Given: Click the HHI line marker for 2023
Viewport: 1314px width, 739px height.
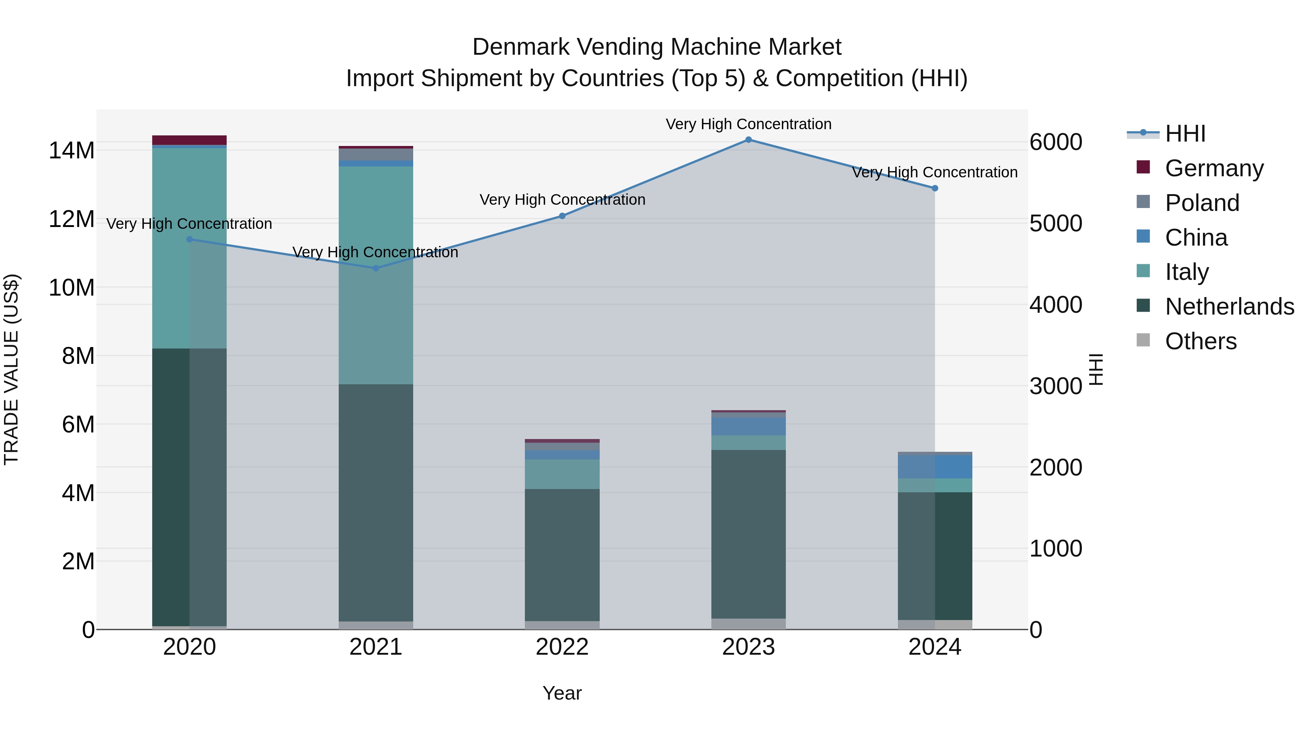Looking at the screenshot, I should point(748,140).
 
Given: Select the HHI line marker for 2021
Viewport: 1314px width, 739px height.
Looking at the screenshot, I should point(376,268).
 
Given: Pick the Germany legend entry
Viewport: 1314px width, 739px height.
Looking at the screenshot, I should point(1214,168).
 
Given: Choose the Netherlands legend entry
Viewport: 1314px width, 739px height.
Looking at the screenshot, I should point(1229,307).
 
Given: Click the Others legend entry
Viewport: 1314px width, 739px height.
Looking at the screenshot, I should point(1201,341).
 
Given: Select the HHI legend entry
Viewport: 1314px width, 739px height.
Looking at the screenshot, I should point(1185,134).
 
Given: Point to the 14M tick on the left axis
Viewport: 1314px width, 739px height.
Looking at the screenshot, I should point(72,150).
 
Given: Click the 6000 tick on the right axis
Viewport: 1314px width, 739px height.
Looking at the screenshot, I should point(1055,142).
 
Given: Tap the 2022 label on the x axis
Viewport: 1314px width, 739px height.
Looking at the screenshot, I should point(562,647).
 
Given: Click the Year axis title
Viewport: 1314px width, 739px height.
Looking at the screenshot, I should point(562,693).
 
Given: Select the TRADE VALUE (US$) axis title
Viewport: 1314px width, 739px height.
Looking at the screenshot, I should point(11,369).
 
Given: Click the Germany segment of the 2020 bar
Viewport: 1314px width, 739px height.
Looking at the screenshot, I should point(189,140).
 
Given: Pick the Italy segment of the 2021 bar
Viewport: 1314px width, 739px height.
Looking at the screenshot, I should point(376,276).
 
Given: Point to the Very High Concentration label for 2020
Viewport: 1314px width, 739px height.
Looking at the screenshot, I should point(189,224).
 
